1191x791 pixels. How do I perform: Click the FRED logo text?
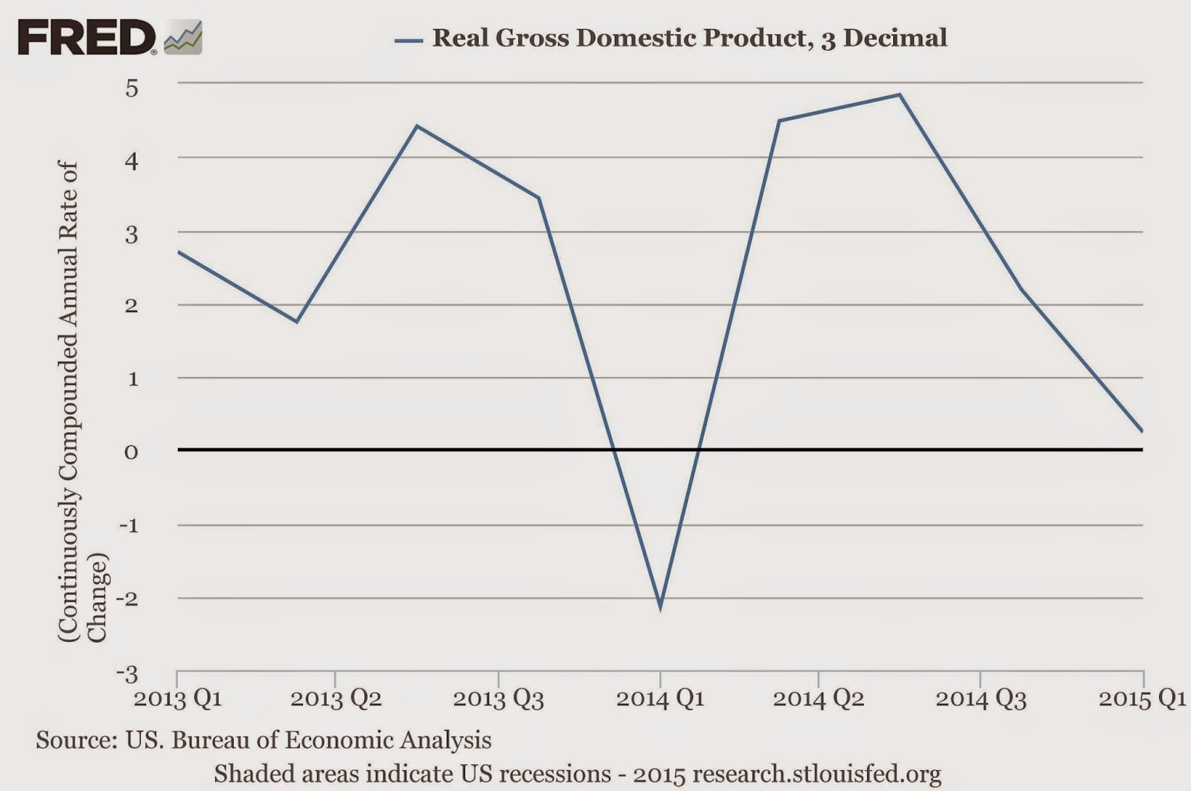[86, 37]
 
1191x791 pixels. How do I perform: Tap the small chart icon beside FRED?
[183, 38]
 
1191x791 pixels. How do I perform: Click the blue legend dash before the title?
[409, 39]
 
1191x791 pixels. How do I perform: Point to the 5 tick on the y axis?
[132, 89]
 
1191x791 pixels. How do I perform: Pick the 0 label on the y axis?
[132, 452]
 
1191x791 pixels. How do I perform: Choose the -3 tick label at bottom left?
[127, 674]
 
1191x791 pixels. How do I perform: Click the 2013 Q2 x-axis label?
[336, 699]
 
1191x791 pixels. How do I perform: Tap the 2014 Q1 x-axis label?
[660, 699]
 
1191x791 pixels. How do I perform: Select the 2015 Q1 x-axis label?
[1142, 699]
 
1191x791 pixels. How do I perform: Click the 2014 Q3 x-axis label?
[980, 699]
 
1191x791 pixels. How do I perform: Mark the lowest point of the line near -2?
[660, 609]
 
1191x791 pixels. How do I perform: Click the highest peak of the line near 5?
[899, 95]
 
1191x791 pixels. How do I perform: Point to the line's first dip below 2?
[297, 322]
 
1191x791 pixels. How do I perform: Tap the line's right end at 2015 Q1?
[1142, 431]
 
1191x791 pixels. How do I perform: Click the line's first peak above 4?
[417, 126]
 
